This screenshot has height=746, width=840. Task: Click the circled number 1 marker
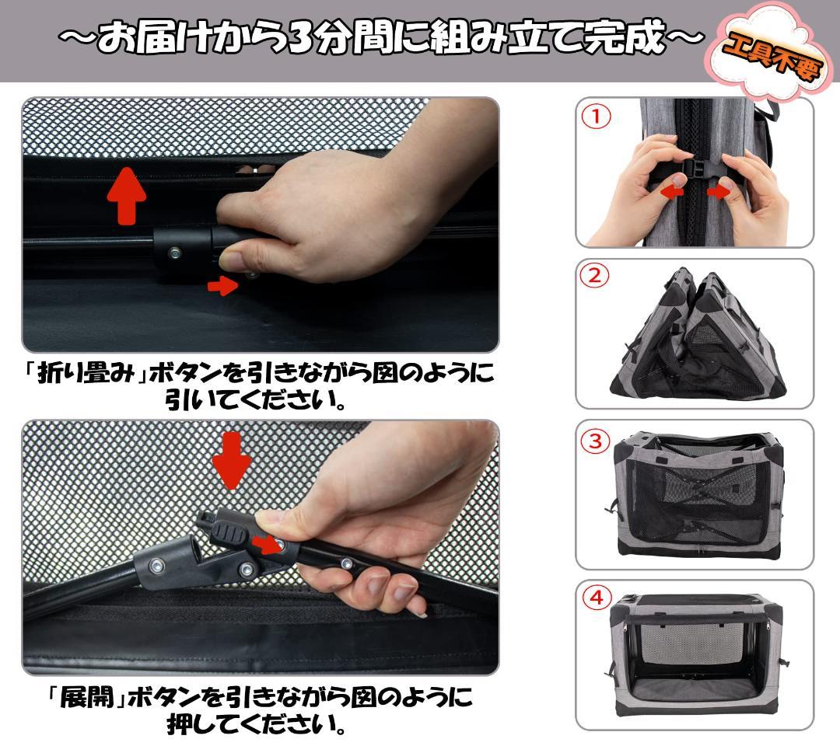click(597, 117)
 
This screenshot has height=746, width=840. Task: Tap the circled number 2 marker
click(596, 276)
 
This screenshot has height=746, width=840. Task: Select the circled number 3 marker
click(596, 441)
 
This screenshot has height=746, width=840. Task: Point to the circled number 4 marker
click(597, 598)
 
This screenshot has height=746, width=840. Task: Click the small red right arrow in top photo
click(222, 286)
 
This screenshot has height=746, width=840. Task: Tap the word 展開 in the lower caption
click(84, 697)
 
